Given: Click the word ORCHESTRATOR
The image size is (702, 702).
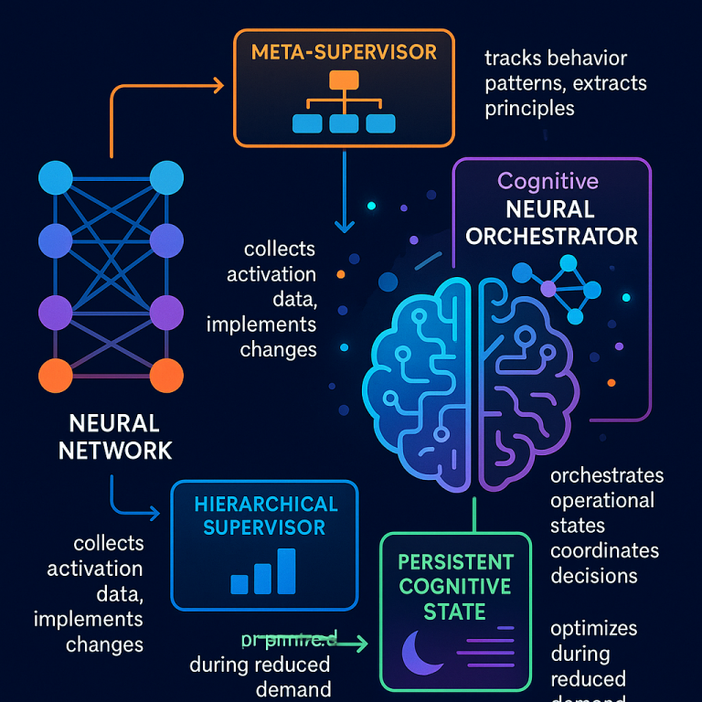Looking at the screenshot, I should coord(551,236).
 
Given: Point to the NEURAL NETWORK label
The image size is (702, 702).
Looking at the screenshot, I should coord(113,436).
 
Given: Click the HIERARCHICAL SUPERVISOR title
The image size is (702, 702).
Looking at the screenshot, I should coord(265,516).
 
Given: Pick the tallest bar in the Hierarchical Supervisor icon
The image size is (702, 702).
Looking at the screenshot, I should coord(286,570).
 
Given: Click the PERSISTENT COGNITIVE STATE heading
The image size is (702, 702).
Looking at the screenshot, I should coord(456,585).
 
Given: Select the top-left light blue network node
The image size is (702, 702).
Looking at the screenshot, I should coord(56,177).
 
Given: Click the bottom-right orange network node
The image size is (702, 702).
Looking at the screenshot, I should coord(165,375).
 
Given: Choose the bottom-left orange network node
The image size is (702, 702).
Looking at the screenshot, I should coord(56,375).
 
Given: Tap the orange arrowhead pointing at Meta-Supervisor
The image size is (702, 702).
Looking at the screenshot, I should coord(217,87).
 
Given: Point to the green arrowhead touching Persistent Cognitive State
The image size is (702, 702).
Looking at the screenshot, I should coord(363,644).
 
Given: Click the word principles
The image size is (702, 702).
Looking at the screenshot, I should coord(529,108).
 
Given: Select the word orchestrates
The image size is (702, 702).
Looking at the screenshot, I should coord(607,476).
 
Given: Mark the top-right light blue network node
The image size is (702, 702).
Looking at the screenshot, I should coord(165,177).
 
